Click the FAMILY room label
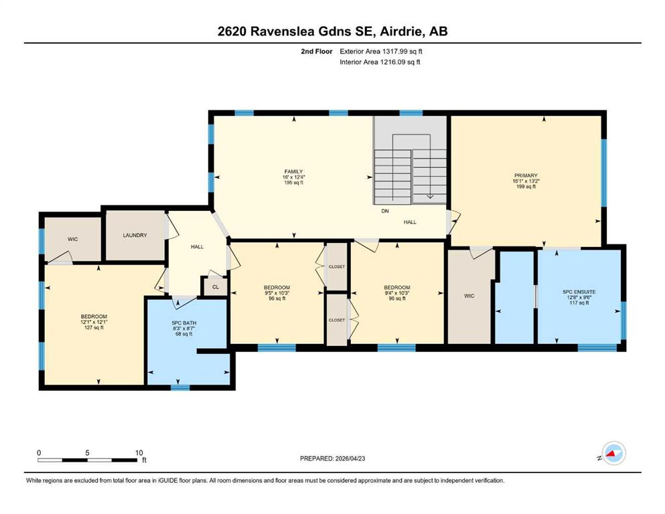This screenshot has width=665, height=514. (x=293, y=171)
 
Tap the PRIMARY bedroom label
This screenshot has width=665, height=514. (x=526, y=175)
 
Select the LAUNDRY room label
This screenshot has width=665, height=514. (x=135, y=235)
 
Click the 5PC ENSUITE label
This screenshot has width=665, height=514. (x=579, y=292)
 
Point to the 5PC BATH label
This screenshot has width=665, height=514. (x=184, y=323)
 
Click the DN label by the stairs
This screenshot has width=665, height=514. (x=385, y=211)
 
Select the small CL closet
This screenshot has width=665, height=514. (x=216, y=287)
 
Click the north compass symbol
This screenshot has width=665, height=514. (x=613, y=453)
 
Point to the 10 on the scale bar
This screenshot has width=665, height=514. (x=139, y=452)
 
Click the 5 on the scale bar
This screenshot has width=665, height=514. (x=87, y=452)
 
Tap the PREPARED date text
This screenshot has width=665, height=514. (x=332, y=458)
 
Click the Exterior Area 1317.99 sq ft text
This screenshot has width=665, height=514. (x=381, y=52)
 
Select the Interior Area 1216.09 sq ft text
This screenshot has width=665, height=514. (x=380, y=62)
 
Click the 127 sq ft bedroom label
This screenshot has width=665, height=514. (x=94, y=327)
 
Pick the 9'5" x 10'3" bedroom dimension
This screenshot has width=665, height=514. (x=277, y=293)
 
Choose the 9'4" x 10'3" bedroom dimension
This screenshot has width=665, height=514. (x=397, y=293)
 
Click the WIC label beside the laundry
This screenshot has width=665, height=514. (x=72, y=240)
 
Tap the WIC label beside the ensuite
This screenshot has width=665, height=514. (x=469, y=296)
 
